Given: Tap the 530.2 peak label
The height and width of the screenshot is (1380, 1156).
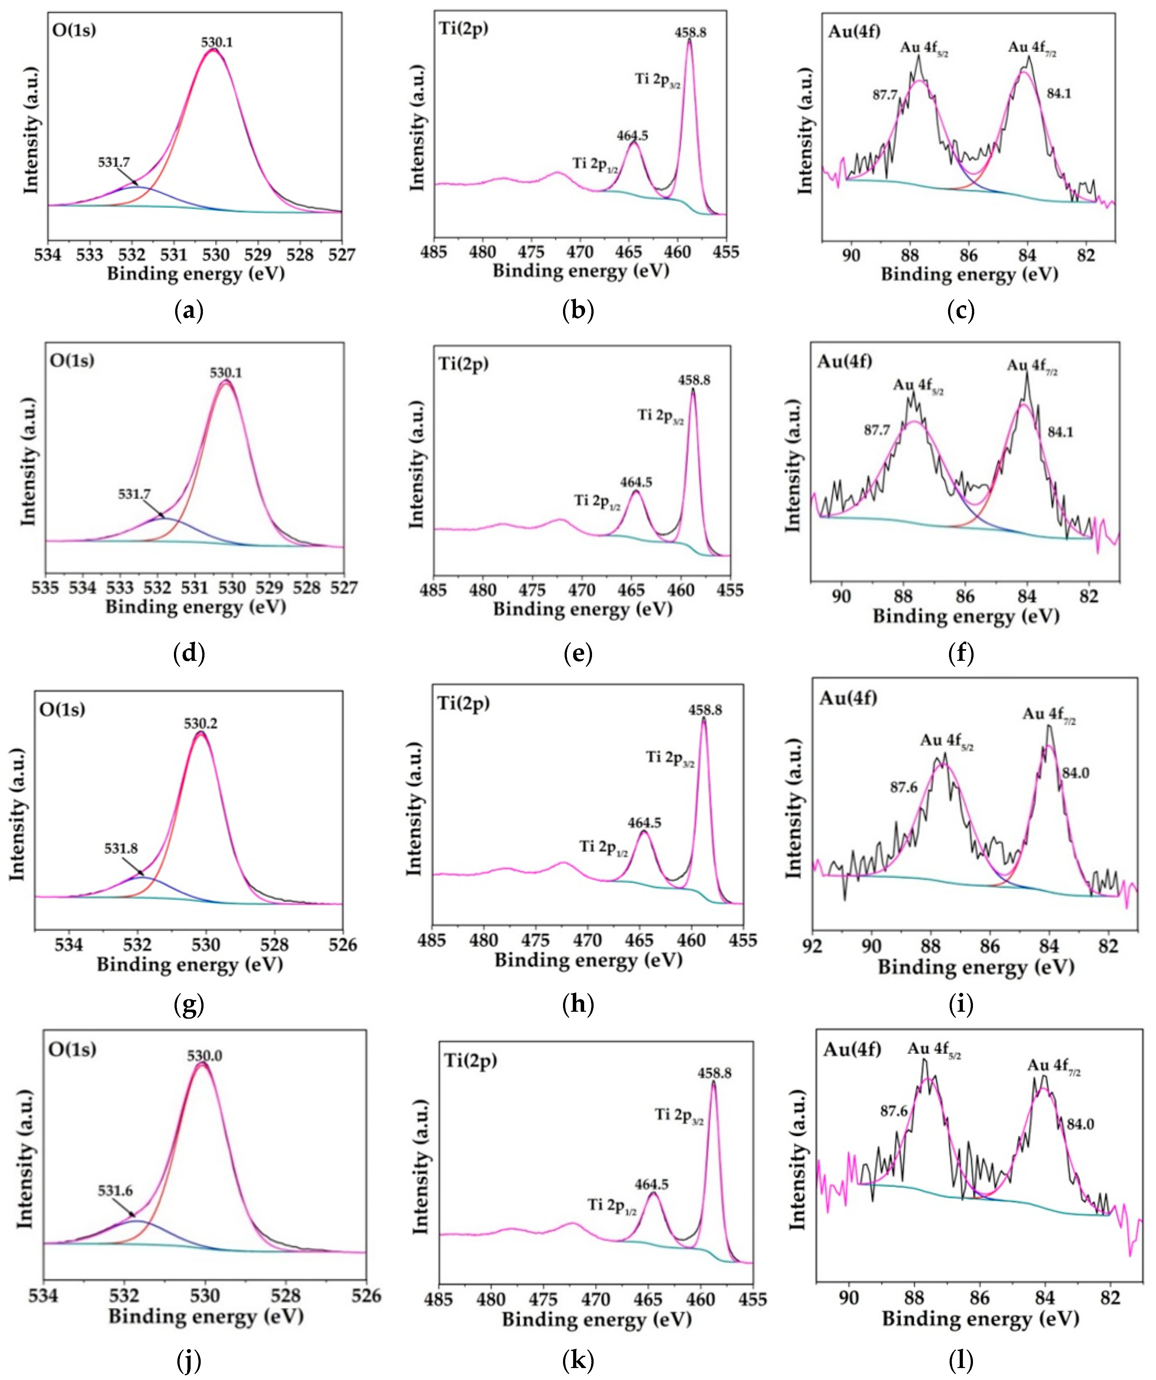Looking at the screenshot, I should pyautogui.click(x=200, y=724).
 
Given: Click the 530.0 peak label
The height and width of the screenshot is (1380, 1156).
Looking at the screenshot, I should pyautogui.click(x=204, y=1056).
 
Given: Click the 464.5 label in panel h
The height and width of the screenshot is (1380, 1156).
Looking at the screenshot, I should pyautogui.click(x=644, y=823).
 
